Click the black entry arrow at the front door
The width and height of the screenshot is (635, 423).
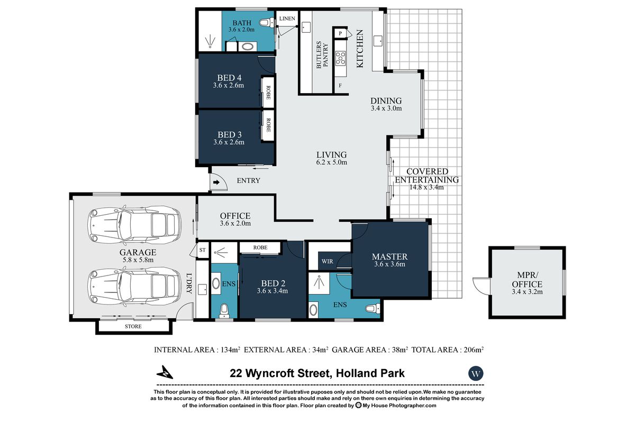(x=216, y=182)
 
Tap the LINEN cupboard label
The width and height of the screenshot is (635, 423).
(x=287, y=19)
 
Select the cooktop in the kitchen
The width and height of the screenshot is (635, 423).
(x=340, y=58)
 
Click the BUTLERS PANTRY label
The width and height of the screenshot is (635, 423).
(x=322, y=55)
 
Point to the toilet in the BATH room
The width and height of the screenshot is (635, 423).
(x=267, y=23)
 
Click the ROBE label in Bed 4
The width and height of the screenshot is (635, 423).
(x=268, y=93)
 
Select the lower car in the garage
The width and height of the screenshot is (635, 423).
(x=134, y=287)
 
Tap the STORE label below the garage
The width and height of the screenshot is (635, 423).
(x=133, y=326)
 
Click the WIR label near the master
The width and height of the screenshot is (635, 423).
(x=328, y=262)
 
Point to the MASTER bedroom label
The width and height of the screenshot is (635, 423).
(x=390, y=256)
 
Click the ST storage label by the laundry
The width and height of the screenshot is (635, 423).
(x=202, y=250)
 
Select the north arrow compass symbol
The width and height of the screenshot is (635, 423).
(x=165, y=373)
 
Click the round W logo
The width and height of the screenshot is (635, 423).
(x=476, y=373)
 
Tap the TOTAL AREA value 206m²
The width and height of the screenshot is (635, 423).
(x=474, y=350)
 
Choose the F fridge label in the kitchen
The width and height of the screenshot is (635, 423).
(x=340, y=86)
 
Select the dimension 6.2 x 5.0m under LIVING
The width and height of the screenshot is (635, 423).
(x=332, y=162)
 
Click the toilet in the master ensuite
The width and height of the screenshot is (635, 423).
(x=373, y=308)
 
